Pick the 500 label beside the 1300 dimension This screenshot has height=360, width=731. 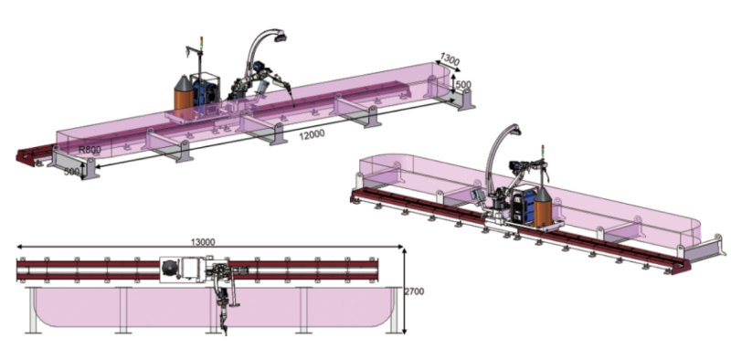click(x=465, y=85)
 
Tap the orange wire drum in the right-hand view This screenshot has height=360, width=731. click(x=542, y=207)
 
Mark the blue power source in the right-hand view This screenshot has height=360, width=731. click(x=524, y=204)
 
